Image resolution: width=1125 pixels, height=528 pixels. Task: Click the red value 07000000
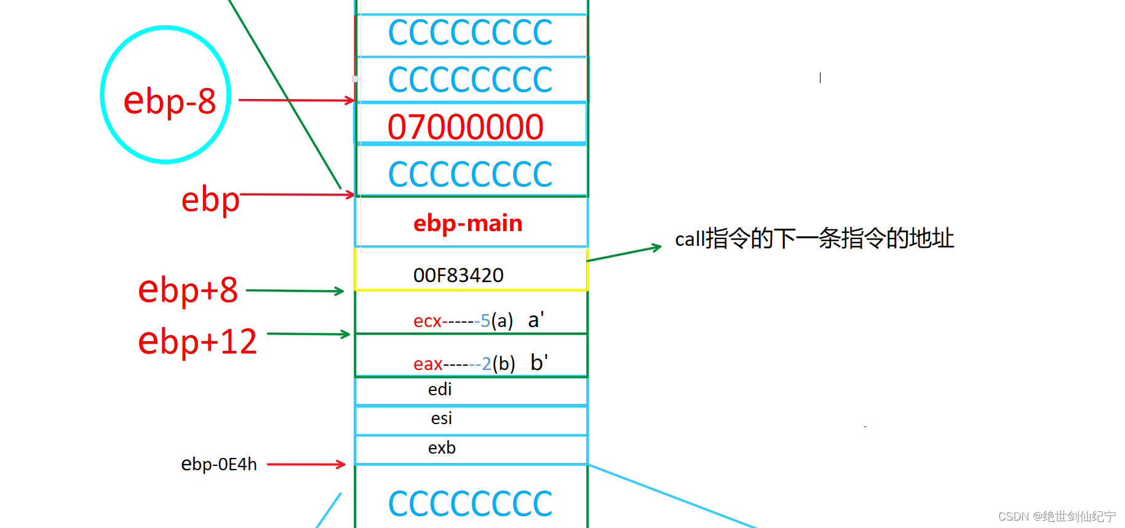466,127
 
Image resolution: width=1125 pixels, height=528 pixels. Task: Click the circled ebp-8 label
169,101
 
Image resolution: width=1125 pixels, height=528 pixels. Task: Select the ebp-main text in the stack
467,223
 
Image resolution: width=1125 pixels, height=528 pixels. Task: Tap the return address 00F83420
458,275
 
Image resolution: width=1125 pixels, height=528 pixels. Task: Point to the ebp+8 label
188,290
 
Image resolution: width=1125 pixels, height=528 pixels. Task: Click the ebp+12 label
197,341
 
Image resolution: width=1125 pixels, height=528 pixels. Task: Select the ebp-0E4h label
218,464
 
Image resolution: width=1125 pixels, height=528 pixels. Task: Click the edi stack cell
440,390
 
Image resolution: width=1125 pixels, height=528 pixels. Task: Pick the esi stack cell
441,419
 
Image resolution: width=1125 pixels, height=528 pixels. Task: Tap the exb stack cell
442,448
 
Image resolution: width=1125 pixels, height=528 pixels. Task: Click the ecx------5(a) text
463,321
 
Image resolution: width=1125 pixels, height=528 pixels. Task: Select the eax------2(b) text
464,364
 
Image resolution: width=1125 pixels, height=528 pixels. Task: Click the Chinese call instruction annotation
814,238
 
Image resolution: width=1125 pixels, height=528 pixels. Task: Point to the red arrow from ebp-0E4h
306,464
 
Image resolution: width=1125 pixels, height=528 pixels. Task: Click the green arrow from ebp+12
308,334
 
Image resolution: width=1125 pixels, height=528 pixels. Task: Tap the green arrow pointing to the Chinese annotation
624,253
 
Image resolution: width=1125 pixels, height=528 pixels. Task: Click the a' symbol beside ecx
536,320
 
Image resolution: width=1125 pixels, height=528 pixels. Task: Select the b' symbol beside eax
539,363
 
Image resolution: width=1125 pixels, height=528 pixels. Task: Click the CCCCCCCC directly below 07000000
471,174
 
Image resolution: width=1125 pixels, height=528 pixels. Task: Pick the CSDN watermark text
1056,516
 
